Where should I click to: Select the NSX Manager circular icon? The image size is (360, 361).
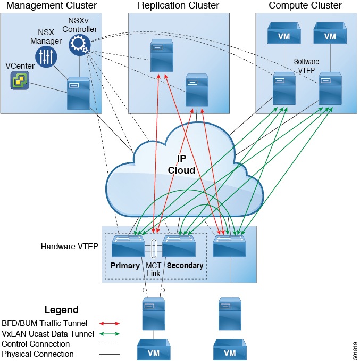click(46, 56)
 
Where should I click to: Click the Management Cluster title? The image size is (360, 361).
click(51, 5)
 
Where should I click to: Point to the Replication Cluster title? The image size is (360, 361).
click(178, 5)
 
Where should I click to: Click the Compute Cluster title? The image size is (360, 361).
click(305, 5)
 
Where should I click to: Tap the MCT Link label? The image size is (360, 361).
click(153, 269)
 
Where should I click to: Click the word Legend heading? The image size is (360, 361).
click(61, 310)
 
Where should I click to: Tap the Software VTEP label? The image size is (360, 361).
click(306, 65)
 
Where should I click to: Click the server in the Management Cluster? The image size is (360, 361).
click(78, 93)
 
